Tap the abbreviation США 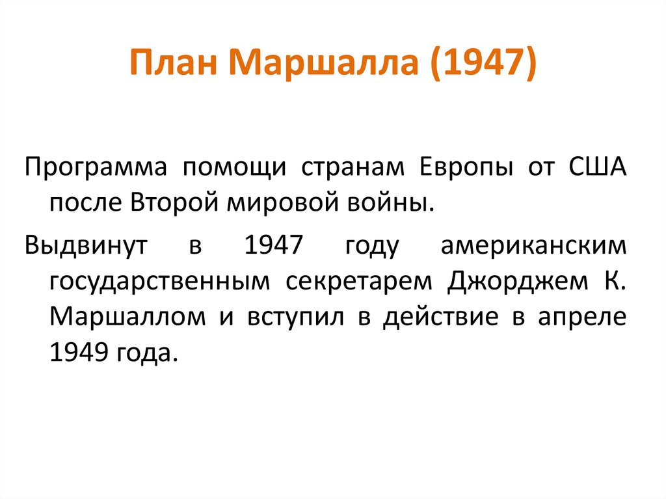598,167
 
